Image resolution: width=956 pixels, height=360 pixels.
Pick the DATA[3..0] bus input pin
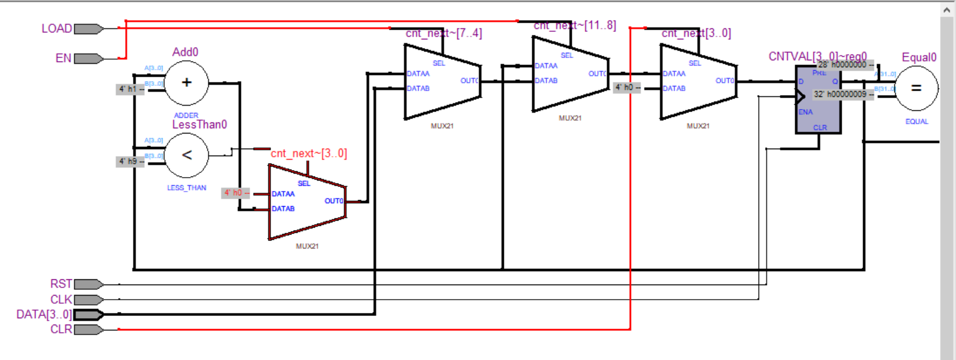pos(88,315)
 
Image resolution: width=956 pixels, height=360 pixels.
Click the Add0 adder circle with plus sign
pos(186,83)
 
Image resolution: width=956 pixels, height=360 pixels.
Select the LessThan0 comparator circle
pos(186,155)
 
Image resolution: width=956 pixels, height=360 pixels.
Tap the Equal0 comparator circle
pos(916,88)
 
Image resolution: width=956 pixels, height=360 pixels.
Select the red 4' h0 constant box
pos(234,193)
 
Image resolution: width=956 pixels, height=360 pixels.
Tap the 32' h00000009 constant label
pos(840,94)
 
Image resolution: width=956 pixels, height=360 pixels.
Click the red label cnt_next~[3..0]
pos(309,153)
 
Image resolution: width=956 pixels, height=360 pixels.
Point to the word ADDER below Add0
pos(186,116)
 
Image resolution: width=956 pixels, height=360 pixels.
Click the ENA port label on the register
pos(806,112)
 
